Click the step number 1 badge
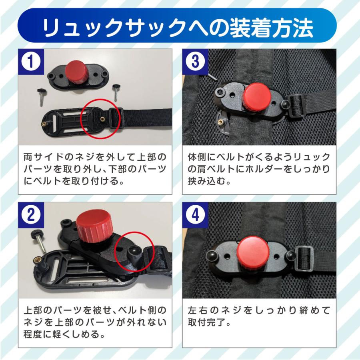[x=31, y=62]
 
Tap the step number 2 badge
[x=31, y=215]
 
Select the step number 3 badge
[x=195, y=62]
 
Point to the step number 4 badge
[x=195, y=215]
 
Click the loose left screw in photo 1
[x=42, y=97]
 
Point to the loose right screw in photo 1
[x=115, y=92]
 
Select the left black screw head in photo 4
[x=212, y=255]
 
